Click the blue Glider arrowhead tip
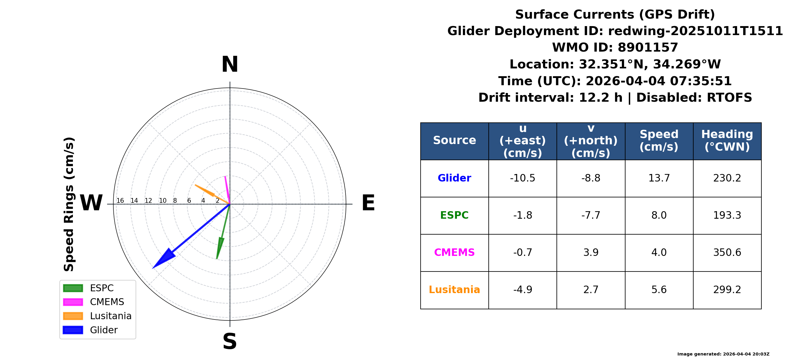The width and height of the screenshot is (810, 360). pyautogui.click(x=153, y=268)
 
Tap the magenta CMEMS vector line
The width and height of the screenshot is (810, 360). pyautogui.click(x=227, y=190)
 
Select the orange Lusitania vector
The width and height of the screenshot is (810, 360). pyautogui.click(x=212, y=194)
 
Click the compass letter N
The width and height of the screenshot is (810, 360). pyautogui.click(x=230, y=64)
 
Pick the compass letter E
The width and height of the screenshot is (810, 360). pyautogui.click(x=368, y=203)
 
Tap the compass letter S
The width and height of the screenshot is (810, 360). pyautogui.click(x=230, y=341)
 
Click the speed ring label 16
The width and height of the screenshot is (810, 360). pyautogui.click(x=120, y=201)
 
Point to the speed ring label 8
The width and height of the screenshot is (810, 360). pyautogui.click(x=175, y=201)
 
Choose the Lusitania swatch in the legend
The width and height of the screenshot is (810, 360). pyautogui.click(x=73, y=316)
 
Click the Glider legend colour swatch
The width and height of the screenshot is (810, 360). pyautogui.click(x=73, y=330)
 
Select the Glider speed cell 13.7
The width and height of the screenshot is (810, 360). pyautogui.click(x=659, y=178)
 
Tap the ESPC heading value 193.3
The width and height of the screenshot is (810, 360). pyautogui.click(x=727, y=215)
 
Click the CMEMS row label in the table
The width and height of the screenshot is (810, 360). pyautogui.click(x=454, y=253)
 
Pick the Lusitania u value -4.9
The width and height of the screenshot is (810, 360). pyautogui.click(x=523, y=289)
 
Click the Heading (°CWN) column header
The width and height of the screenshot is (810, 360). pyautogui.click(x=727, y=140)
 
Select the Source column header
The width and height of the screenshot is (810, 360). pyautogui.click(x=454, y=140)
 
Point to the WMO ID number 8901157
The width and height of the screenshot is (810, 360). pyautogui.click(x=648, y=47)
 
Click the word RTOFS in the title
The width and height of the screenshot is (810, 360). pyautogui.click(x=729, y=97)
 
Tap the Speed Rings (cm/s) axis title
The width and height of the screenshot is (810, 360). pyautogui.click(x=69, y=204)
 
